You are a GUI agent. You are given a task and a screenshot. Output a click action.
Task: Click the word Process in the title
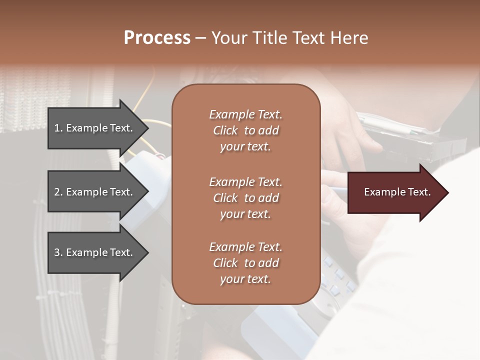(x=157, y=38)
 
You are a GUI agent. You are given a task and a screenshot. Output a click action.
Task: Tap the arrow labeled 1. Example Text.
(x=95, y=128)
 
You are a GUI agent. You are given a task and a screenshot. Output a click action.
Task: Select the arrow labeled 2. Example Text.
(x=95, y=192)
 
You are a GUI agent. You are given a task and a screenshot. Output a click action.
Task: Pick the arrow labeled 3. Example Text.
(x=95, y=252)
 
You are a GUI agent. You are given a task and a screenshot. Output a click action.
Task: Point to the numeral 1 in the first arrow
(x=57, y=128)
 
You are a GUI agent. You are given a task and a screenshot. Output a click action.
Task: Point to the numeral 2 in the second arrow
(x=57, y=192)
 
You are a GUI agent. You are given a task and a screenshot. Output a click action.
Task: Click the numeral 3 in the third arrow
(x=57, y=252)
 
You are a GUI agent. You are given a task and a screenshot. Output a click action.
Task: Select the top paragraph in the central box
(x=245, y=130)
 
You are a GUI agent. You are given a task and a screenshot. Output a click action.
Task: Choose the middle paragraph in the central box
(x=245, y=198)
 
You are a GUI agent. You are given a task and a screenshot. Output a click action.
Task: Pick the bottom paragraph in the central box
(x=245, y=263)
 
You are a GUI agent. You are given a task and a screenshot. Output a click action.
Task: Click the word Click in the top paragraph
(x=225, y=130)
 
